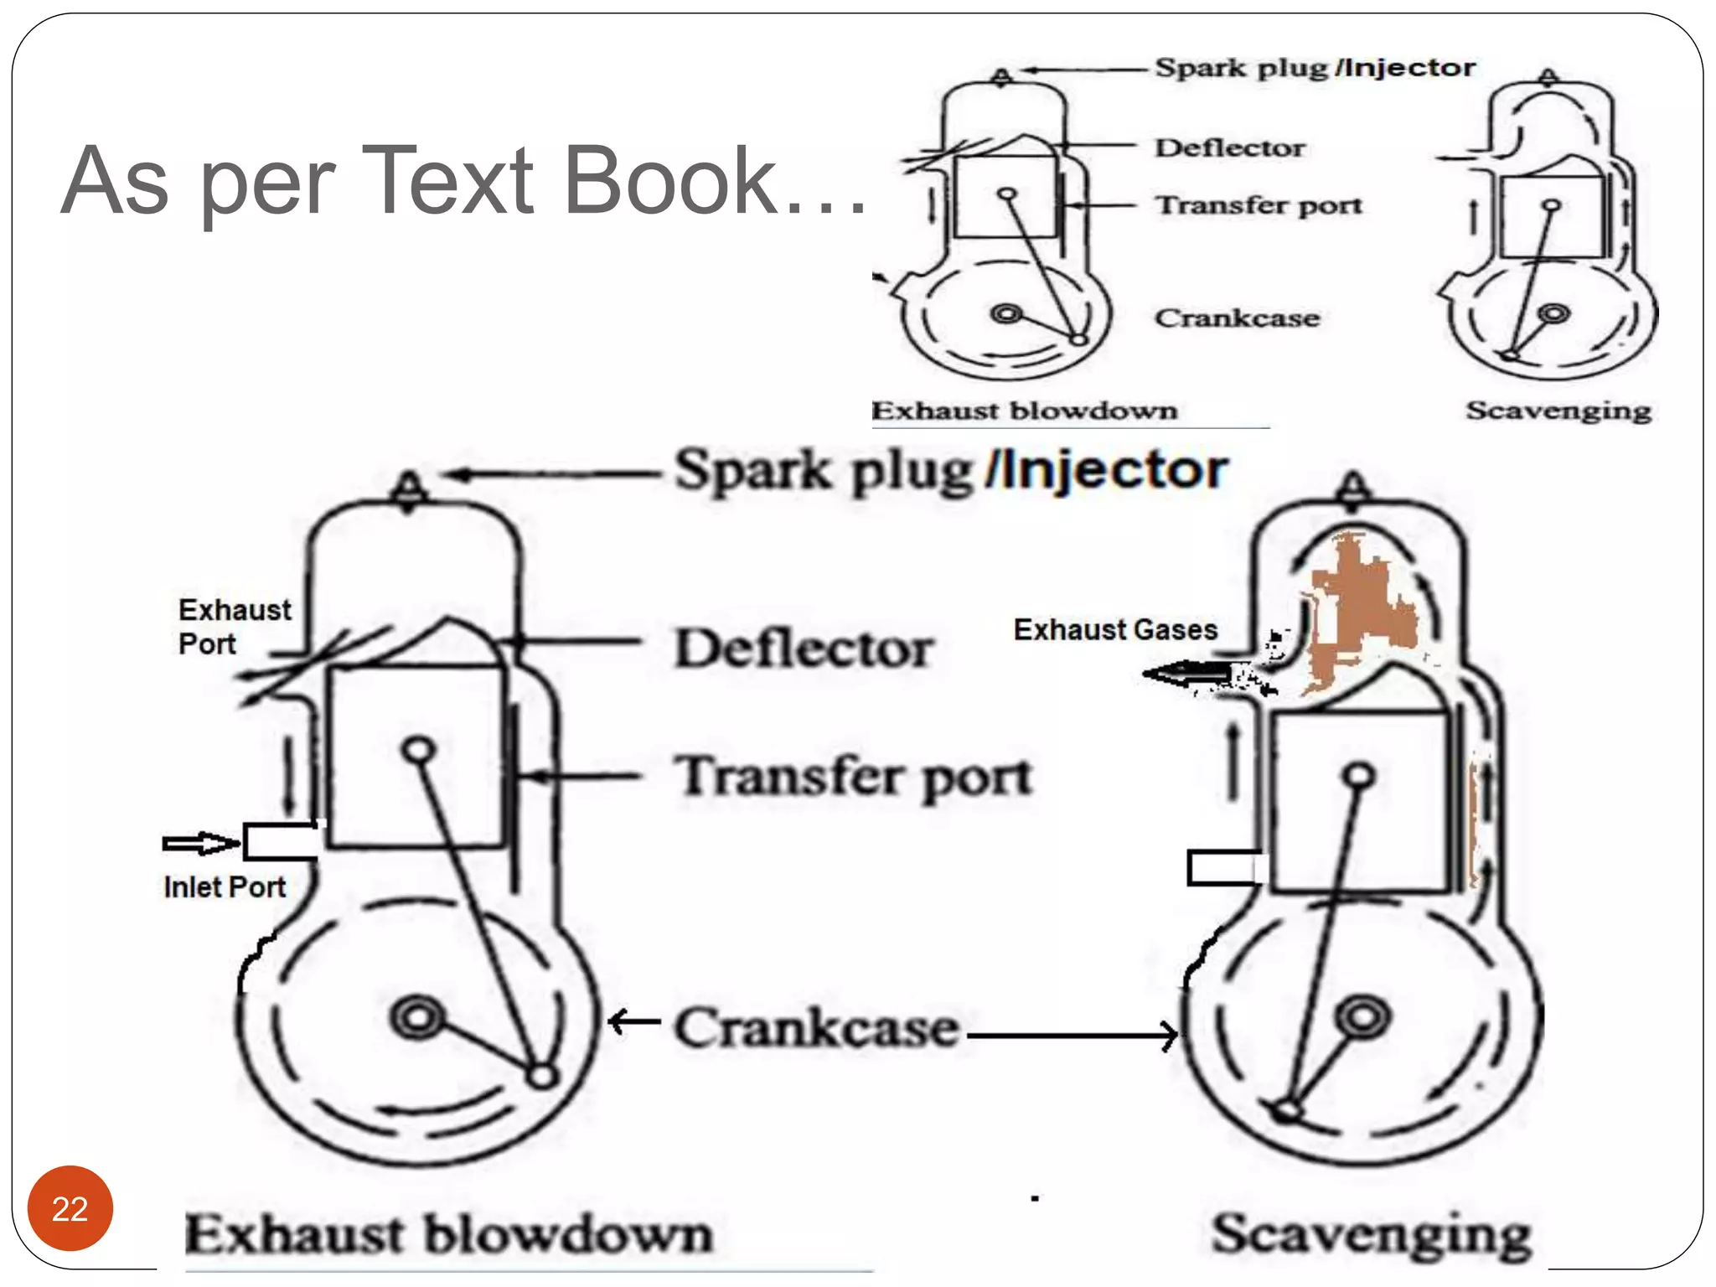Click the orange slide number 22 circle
pos(70,1207)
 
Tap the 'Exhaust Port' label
pos(235,626)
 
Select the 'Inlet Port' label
pos(225,886)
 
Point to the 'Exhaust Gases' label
pos(1115,629)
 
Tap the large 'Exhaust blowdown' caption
pos(448,1234)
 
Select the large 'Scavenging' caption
pos(1372,1234)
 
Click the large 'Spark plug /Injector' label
pos(951,470)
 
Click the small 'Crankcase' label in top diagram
pos(1237,318)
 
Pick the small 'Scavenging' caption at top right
pos(1558,411)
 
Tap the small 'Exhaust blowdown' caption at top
pos(1024,411)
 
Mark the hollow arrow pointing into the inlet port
pos(199,843)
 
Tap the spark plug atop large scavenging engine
pos(1354,488)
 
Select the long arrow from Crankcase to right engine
pos(1072,1036)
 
